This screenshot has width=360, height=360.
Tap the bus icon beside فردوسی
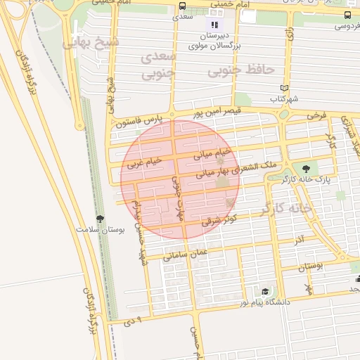point(348,15)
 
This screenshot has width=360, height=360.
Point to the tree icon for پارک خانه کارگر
point(305,168)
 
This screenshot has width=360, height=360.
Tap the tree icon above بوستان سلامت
point(100,219)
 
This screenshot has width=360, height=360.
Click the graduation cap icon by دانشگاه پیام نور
point(265,291)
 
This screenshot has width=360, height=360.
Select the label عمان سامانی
point(186,255)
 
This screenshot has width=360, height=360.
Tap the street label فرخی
point(316,114)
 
